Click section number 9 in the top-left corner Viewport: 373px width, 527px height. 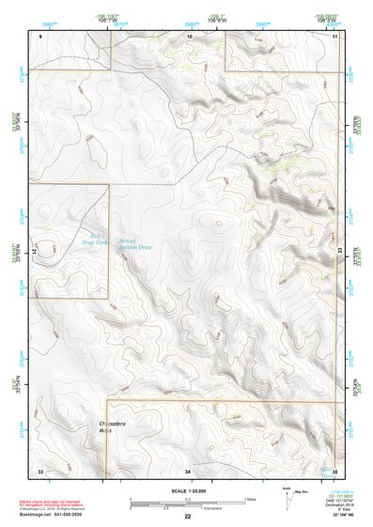tap(41, 36)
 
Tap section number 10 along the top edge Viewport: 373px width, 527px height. tap(190, 36)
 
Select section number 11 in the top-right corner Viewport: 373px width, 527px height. tap(334, 36)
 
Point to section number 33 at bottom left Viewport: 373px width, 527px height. tap(40, 468)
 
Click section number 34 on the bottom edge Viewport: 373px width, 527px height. tap(188, 468)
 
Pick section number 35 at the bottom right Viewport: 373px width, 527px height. tap(334, 468)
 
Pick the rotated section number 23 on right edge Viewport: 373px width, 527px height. tap(340, 247)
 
